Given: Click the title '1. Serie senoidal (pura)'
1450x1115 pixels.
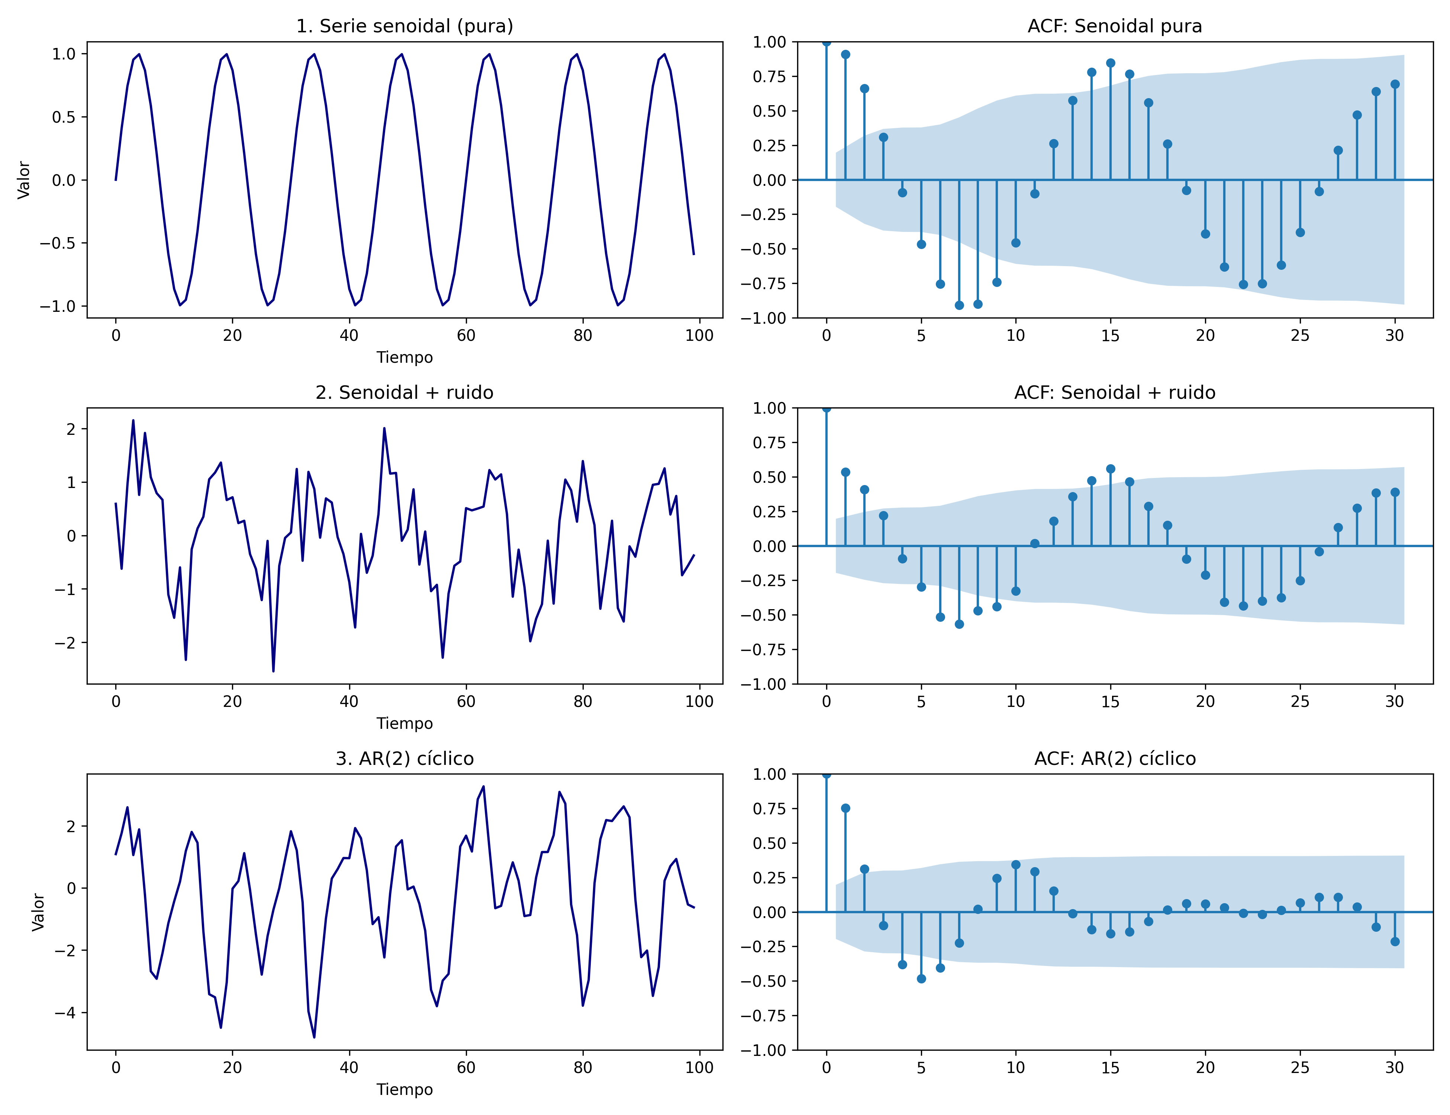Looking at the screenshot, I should pos(405,26).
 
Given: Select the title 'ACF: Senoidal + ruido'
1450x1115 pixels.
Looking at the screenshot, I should pos(1115,393).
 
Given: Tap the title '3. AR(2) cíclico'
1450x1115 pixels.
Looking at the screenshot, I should pos(405,759).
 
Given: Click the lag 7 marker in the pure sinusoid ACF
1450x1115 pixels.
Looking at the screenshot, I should pos(959,305).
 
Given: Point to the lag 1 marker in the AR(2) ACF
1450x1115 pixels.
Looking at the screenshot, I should pos(845,808).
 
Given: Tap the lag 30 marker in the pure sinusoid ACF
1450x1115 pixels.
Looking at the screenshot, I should pos(1395,84).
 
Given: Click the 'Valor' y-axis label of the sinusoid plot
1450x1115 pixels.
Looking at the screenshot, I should pos(24,180).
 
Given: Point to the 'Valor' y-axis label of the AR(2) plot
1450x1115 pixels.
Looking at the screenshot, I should pos(39,912).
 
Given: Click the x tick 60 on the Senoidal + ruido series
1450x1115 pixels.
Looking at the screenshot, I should pos(465,702).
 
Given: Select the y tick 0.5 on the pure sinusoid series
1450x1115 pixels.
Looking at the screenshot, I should pos(64,117).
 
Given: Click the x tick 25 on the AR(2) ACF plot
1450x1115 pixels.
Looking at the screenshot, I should pos(1300,1068).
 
